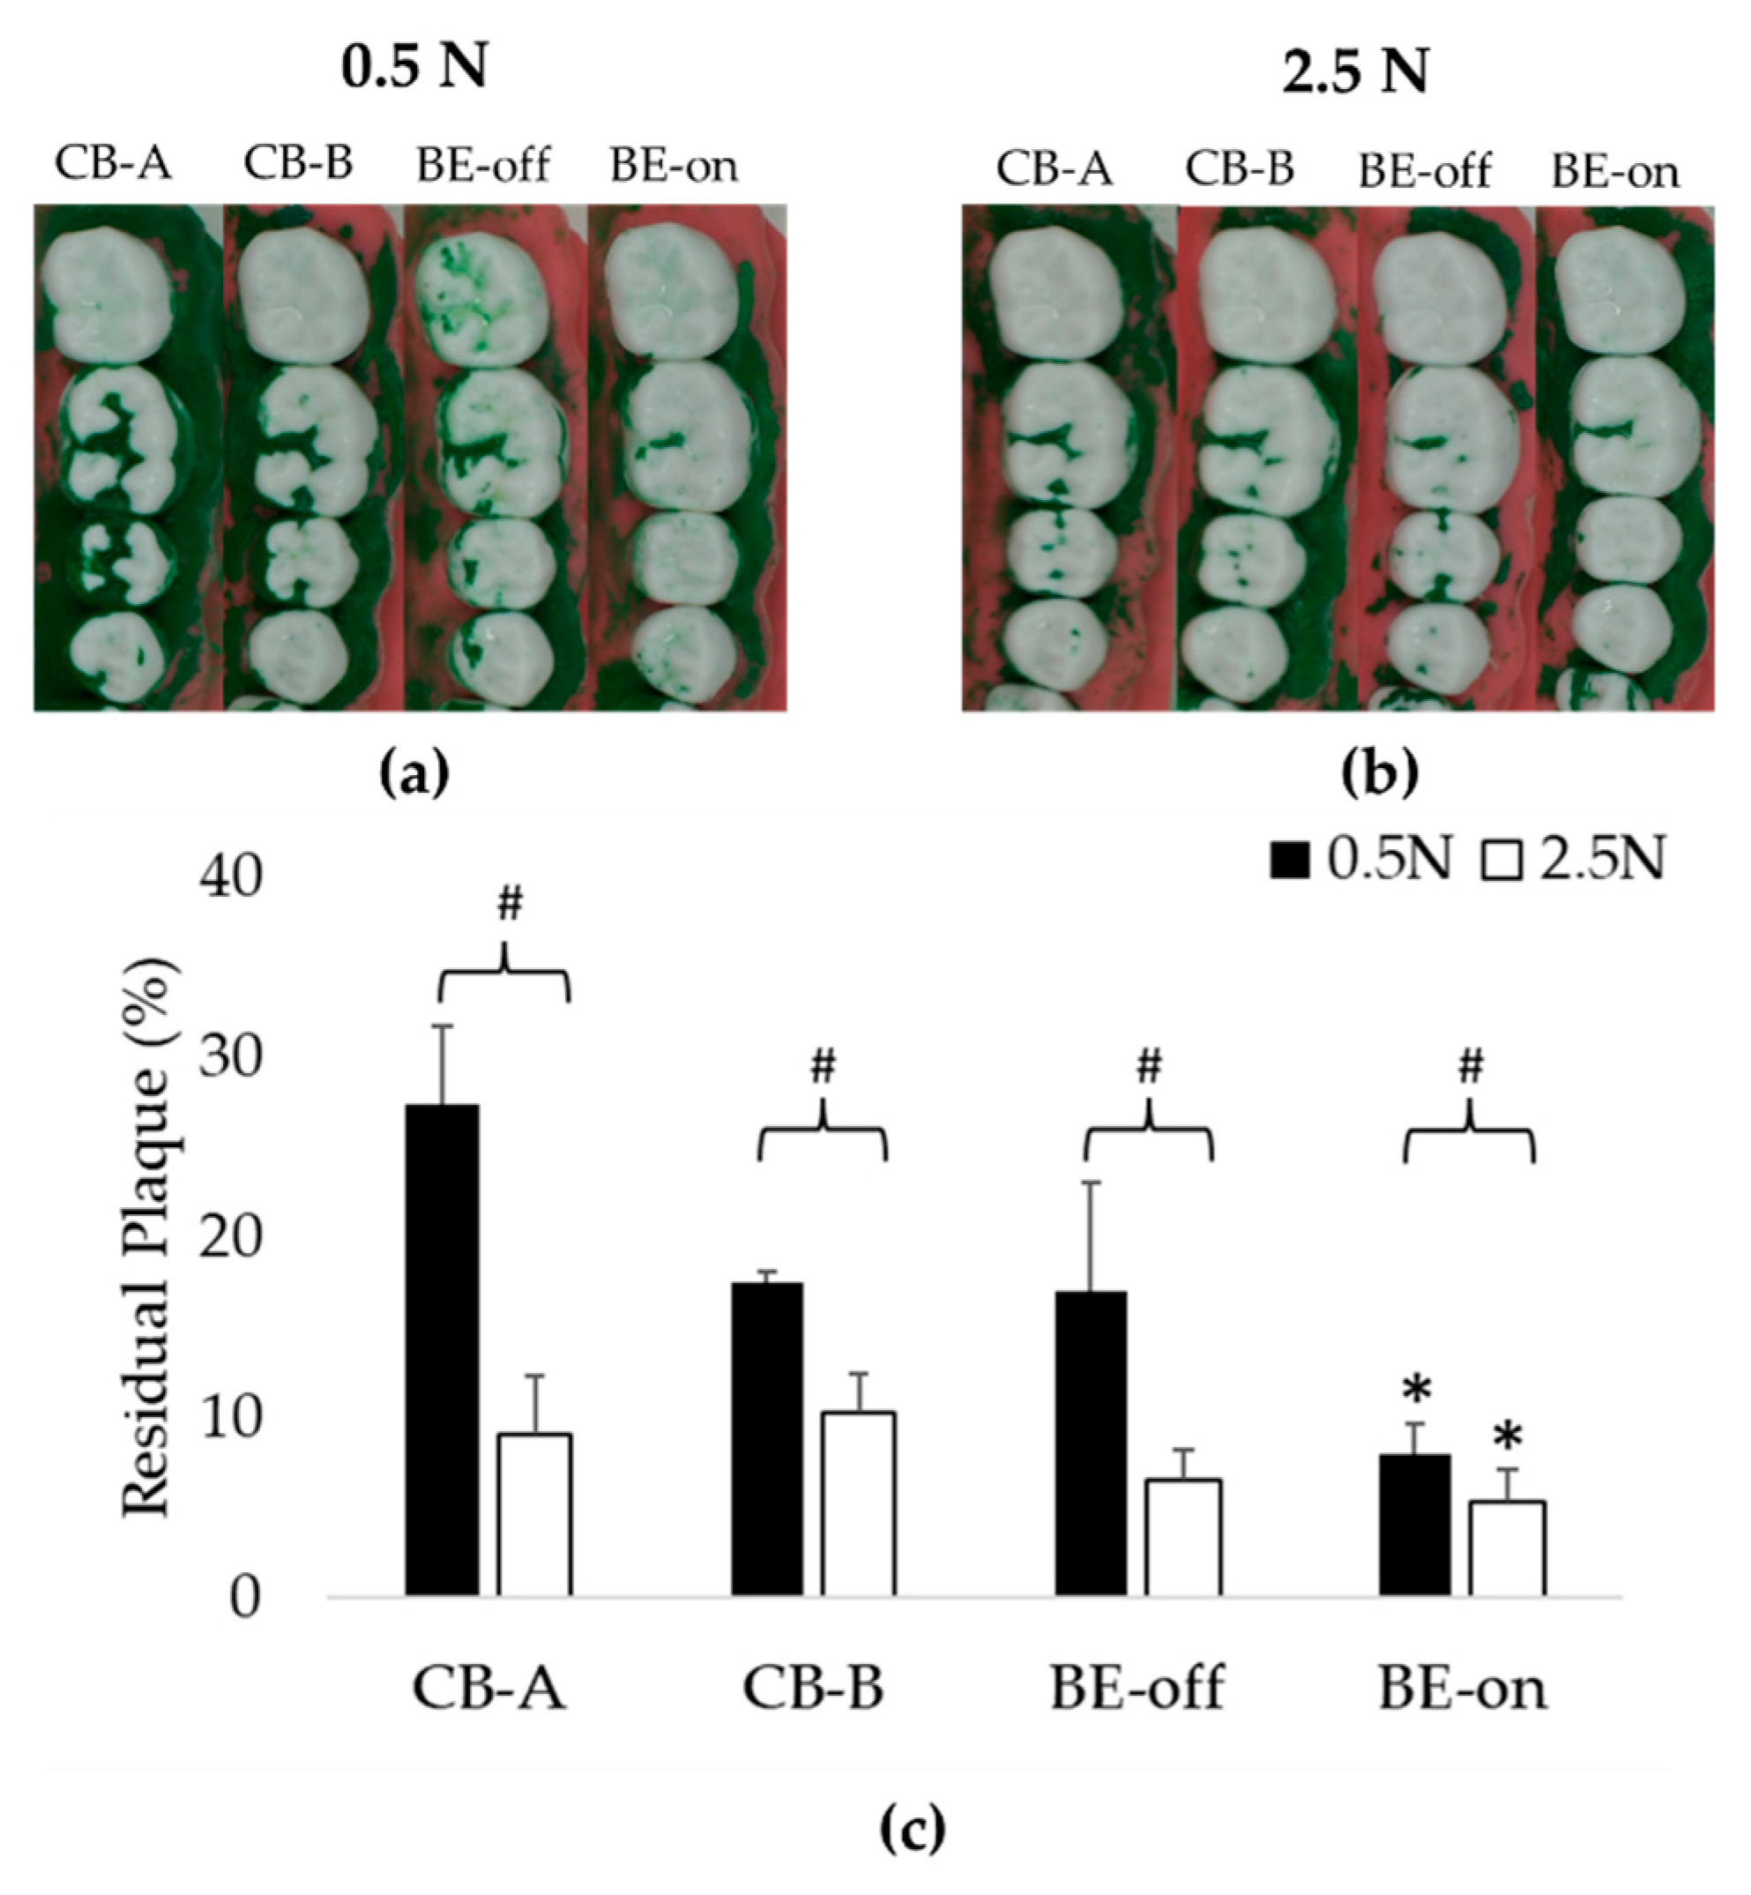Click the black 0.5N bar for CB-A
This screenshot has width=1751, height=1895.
[442, 1350]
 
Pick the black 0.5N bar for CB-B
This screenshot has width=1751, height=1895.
[766, 1439]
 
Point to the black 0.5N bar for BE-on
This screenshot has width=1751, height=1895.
[1413, 1525]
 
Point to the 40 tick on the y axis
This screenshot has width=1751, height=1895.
[230, 878]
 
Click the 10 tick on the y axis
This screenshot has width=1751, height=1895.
[230, 1419]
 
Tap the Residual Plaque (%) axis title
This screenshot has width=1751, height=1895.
[148, 1235]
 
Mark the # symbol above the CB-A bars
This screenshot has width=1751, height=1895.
[509, 906]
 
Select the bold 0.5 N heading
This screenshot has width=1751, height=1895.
[414, 68]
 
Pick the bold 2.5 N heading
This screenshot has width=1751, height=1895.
[1355, 72]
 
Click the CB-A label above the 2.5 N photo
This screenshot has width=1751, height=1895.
[1054, 170]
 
